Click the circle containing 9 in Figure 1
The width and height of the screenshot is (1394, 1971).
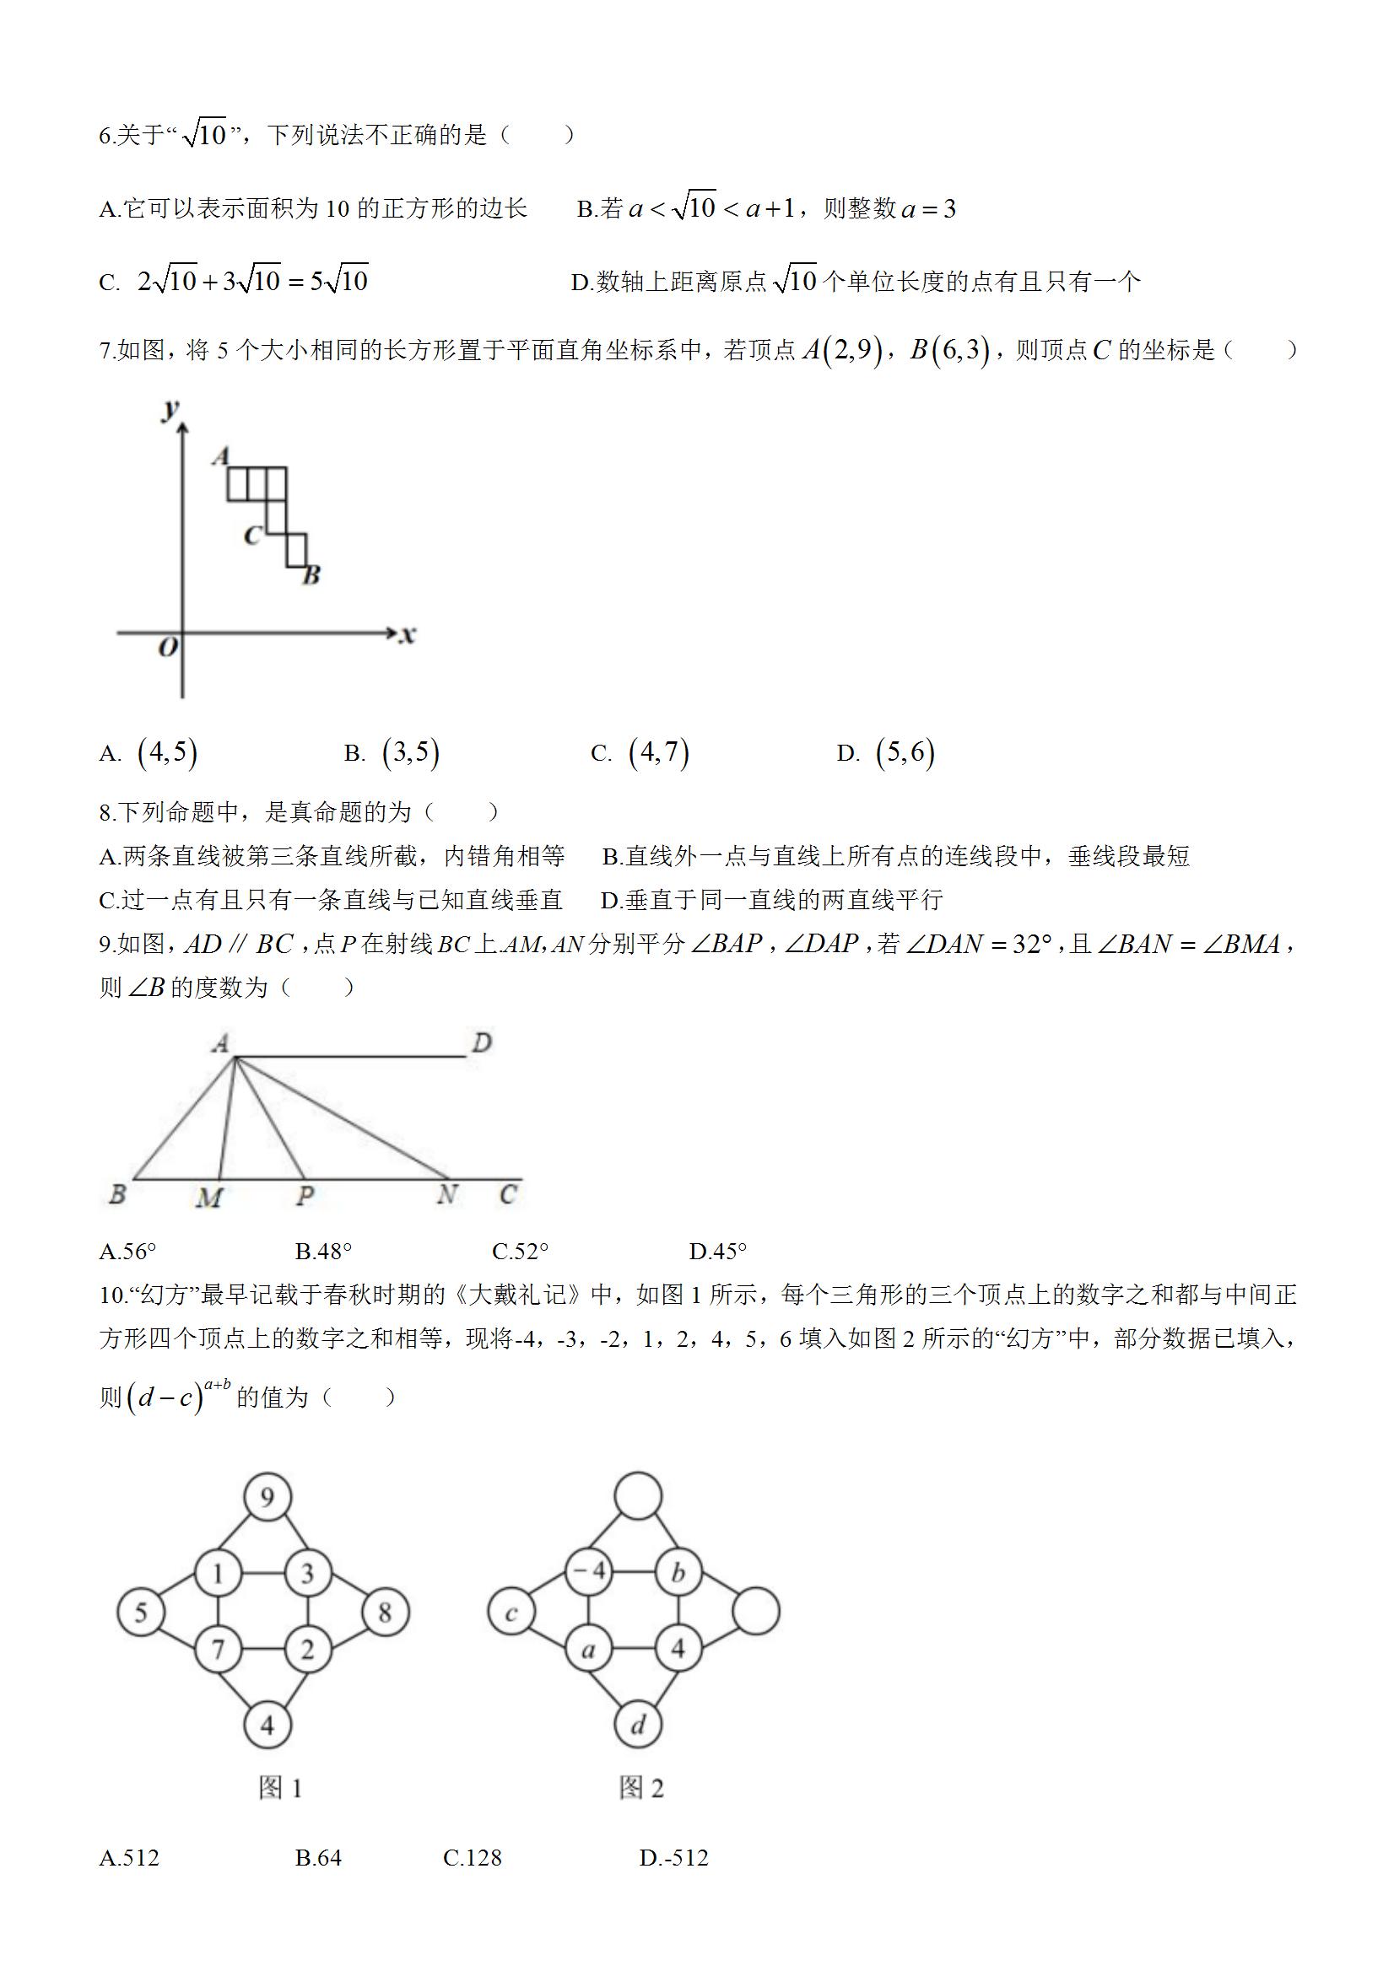tap(267, 1498)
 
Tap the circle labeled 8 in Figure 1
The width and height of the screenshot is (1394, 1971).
tap(385, 1613)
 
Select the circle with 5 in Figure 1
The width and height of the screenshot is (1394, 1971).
tap(141, 1613)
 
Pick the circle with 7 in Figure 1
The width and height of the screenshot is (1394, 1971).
tap(219, 1649)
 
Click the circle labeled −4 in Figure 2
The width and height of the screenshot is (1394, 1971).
tap(589, 1573)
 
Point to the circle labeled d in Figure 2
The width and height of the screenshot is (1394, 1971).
tap(638, 1725)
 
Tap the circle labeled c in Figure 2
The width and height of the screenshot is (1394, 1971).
tap(511, 1613)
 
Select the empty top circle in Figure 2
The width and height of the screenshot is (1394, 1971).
tap(638, 1498)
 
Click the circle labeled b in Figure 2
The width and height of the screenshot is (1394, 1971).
tap(678, 1573)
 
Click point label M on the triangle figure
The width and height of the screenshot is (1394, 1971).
tap(209, 1198)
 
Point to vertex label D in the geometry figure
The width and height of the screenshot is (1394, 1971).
tap(482, 1043)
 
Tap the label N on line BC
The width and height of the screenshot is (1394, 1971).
tap(446, 1195)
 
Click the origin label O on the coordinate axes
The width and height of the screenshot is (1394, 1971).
tap(169, 646)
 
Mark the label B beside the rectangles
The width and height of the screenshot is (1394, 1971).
tap(311, 575)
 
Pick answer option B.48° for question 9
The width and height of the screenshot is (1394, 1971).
tap(323, 1252)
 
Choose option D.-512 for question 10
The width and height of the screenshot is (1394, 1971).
tap(674, 1858)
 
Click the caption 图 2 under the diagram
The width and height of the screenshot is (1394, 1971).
tap(640, 1789)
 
